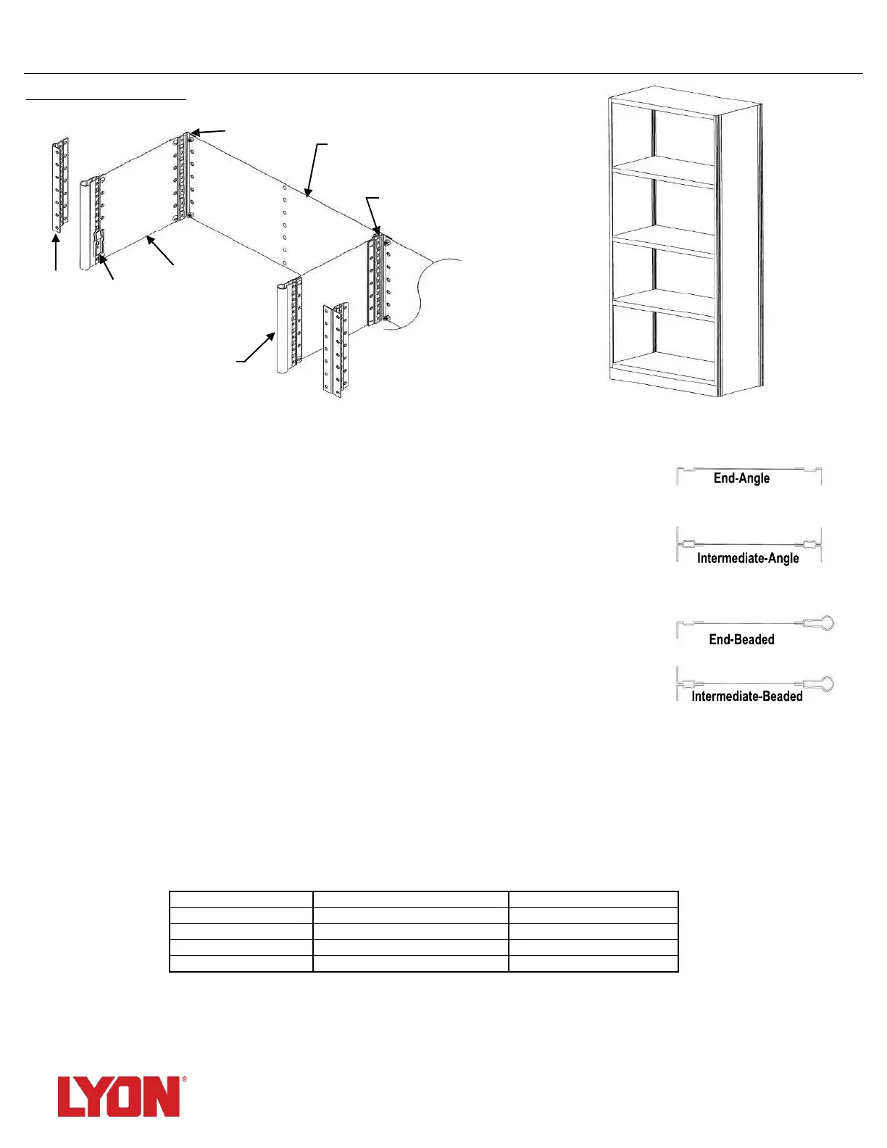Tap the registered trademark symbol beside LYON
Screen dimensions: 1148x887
(184, 1079)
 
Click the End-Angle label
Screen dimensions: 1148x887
(741, 478)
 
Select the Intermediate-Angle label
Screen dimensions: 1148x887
(748, 558)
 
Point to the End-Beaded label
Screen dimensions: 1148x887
(741, 639)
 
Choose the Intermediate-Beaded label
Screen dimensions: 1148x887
(747, 696)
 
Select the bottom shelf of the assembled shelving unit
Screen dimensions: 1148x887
(663, 366)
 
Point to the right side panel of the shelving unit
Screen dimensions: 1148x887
(739, 246)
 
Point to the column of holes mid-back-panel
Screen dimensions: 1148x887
(285, 225)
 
